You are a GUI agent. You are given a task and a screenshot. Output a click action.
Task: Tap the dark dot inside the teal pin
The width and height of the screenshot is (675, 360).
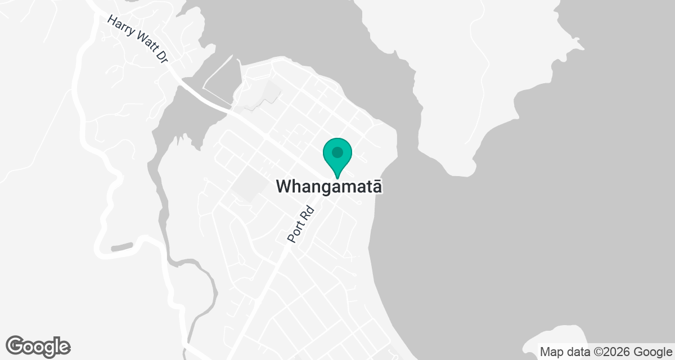tap(337, 152)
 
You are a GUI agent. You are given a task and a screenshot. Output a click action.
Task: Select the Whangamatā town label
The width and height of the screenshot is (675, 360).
tap(330, 187)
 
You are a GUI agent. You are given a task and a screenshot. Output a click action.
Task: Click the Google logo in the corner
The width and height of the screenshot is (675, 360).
tap(38, 346)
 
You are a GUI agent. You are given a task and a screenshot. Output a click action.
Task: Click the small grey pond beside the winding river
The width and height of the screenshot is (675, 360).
tap(123, 247)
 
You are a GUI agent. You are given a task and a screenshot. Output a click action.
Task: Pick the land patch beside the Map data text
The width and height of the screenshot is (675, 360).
tap(554, 336)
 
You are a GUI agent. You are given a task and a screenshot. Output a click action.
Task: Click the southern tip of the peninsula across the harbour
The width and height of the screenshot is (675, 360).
tap(465, 168)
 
